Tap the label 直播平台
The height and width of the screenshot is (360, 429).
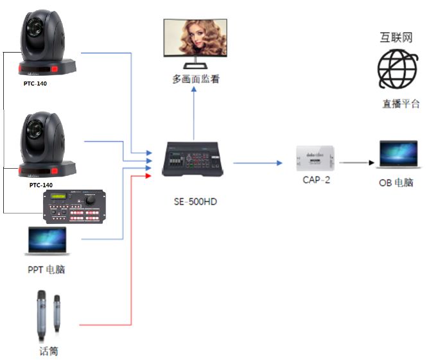[401, 104]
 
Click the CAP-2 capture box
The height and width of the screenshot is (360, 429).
[315, 158]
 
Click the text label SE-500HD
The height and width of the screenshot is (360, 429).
[195, 201]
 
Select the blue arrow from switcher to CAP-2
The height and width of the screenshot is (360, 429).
[257, 163]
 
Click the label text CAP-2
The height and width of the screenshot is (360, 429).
[316, 180]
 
